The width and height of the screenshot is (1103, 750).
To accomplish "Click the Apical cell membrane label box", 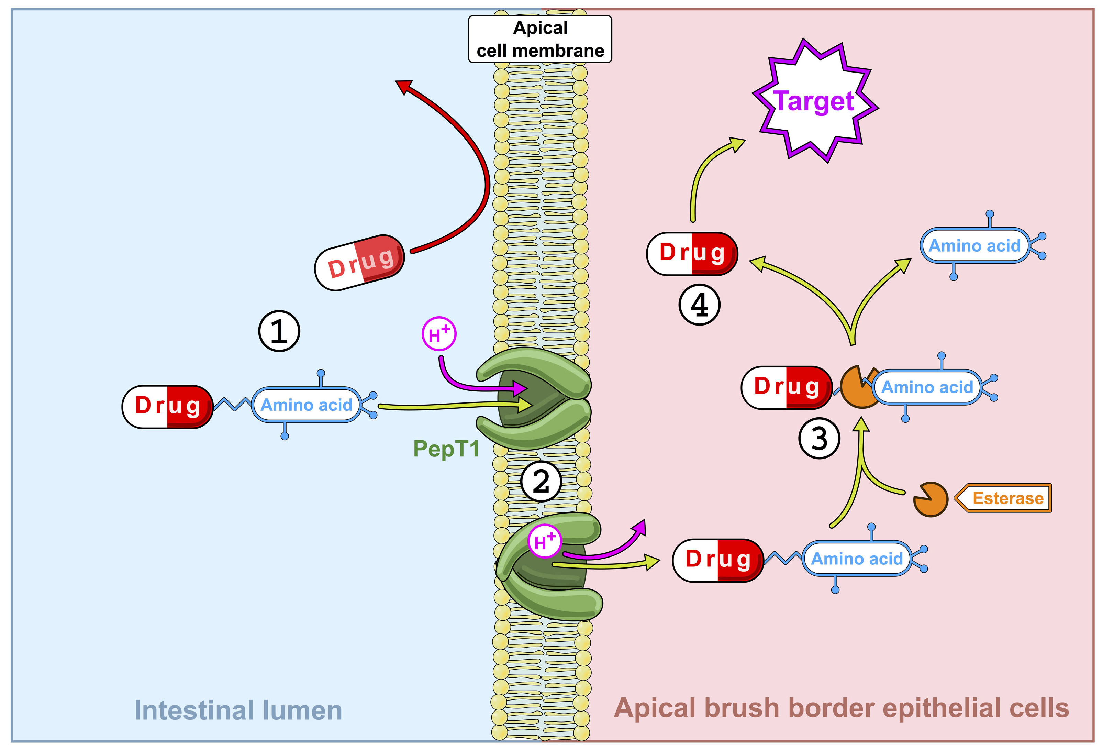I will [540, 39].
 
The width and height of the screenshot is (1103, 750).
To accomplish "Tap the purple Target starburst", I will [814, 101].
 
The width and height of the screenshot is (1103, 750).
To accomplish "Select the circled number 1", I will [279, 331].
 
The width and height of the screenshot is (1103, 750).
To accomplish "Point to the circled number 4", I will [699, 305].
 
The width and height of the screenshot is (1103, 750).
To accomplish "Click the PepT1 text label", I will [446, 449].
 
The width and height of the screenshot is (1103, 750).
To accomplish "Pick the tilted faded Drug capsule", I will [359, 263].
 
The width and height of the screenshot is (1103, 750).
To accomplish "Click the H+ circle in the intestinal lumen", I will [439, 334].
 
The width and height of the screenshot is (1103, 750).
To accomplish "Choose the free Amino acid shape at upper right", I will [974, 245].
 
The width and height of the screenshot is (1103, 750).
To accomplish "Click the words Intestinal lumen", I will [238, 710].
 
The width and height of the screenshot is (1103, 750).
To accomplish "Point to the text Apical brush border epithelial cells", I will [841, 708].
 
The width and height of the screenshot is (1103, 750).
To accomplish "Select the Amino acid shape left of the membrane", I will [307, 405].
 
